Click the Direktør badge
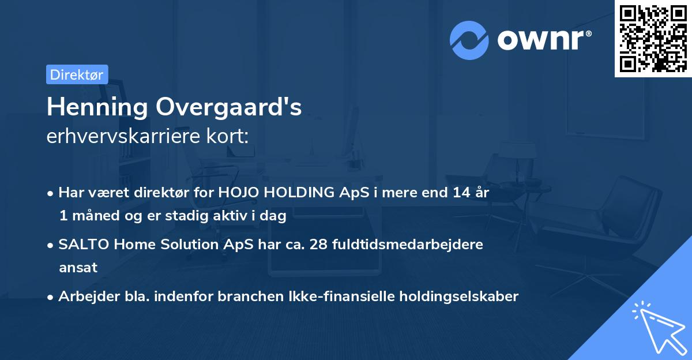(x=77, y=74)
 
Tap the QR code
(x=653, y=39)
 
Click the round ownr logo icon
(x=469, y=40)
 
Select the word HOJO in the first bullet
(x=237, y=193)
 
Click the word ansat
(x=78, y=267)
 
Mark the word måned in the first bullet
(x=93, y=216)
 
